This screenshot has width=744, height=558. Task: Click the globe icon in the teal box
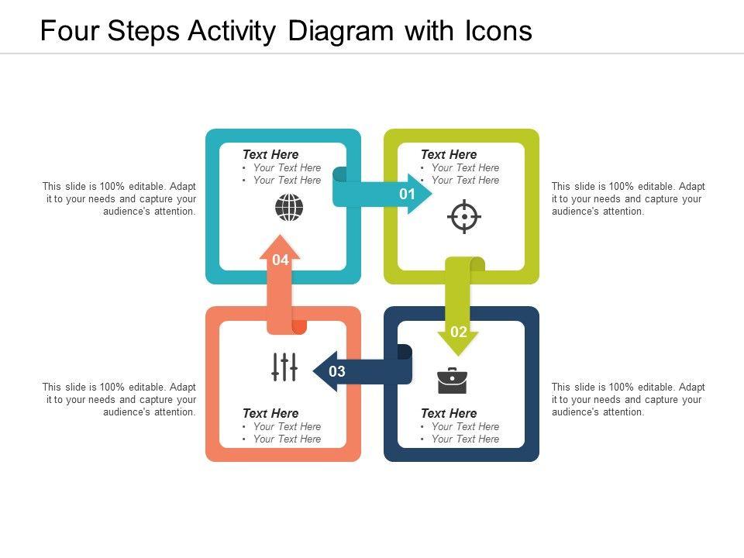289,208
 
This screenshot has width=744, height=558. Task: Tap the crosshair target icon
464,216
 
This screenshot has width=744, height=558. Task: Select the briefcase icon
452,381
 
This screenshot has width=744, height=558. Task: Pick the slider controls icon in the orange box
284,367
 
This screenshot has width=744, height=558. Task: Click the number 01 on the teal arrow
407,194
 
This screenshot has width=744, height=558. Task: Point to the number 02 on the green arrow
458,332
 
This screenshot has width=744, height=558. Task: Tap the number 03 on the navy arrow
337,371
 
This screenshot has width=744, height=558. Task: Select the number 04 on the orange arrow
281,260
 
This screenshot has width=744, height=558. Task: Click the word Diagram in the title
341,31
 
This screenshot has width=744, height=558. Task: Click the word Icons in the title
498,31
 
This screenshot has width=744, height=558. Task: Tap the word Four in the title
69,31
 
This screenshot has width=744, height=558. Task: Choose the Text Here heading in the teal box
270,154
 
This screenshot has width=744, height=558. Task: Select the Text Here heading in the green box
449,154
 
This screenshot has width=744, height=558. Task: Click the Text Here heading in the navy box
449,413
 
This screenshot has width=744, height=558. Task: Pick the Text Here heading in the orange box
270,413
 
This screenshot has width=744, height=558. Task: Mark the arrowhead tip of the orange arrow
280,234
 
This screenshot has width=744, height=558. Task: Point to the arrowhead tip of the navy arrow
312,371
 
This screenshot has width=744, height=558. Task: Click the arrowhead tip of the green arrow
458,356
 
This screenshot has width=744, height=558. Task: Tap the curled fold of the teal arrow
339,174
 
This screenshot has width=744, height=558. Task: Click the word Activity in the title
232,31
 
